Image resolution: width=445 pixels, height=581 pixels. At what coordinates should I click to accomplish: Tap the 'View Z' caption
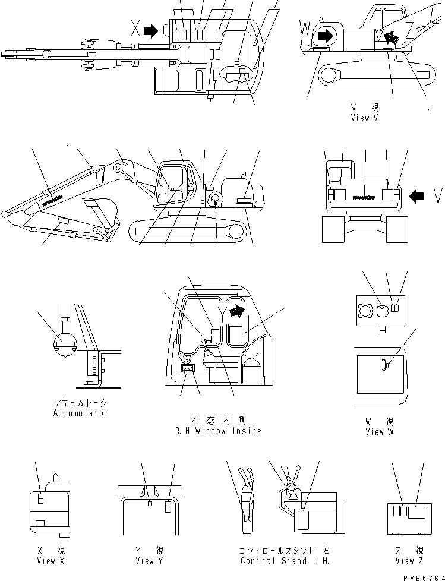click(x=408, y=561)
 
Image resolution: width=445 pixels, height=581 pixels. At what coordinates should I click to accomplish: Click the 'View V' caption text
click(x=364, y=118)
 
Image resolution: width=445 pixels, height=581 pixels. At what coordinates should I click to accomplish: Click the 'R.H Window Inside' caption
click(x=218, y=431)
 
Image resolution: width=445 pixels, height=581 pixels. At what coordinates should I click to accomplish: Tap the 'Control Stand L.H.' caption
click(x=285, y=561)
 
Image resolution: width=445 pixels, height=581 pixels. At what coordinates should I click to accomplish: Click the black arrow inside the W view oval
click(x=325, y=36)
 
